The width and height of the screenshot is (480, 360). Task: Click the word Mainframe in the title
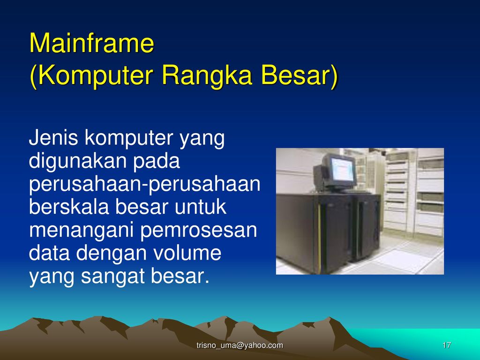tap(91, 43)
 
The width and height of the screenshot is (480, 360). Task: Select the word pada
tap(157, 161)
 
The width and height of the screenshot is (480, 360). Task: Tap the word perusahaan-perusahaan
tap(144, 185)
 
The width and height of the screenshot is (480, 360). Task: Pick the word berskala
tap(69, 207)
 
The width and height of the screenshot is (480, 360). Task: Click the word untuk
tap(200, 207)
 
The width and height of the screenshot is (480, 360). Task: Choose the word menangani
tap(81, 231)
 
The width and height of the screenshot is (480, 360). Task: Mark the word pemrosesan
tap(199, 231)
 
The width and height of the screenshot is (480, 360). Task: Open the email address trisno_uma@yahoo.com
tap(240, 345)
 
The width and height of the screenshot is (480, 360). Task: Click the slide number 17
tap(447, 345)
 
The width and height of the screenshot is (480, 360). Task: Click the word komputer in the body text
tap(129, 139)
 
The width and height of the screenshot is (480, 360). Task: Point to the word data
tap(49, 253)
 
